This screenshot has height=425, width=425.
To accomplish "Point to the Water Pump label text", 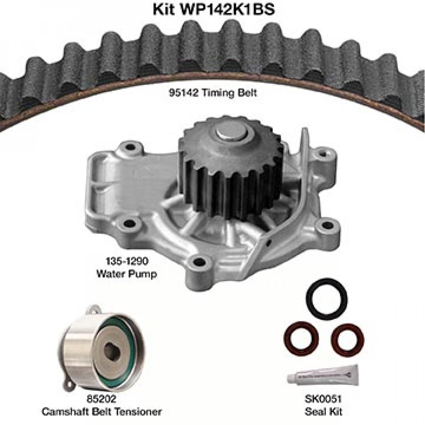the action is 126,274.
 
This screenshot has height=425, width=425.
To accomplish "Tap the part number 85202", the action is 101,399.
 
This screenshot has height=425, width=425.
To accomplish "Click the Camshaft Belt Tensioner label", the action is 101,411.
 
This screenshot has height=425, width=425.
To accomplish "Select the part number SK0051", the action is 323,399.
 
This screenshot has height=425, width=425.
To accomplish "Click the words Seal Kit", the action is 323,411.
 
